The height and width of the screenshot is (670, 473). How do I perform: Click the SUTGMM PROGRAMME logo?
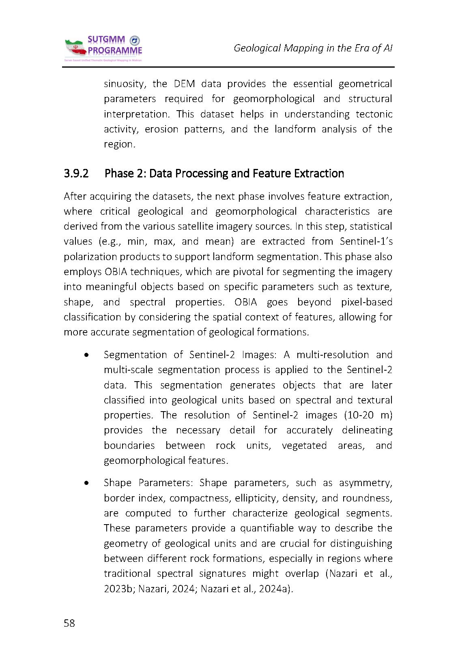click(x=103, y=48)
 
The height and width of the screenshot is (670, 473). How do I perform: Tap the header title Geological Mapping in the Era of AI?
click(x=313, y=48)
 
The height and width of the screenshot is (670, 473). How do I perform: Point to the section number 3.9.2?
click(x=76, y=173)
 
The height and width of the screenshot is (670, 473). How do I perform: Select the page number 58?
click(x=69, y=623)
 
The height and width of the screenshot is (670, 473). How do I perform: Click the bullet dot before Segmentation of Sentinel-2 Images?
click(x=86, y=355)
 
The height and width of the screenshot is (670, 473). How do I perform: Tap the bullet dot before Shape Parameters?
click(x=86, y=483)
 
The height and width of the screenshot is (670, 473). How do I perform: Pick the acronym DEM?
click(x=184, y=84)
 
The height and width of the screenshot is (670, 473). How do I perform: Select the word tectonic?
click(x=374, y=114)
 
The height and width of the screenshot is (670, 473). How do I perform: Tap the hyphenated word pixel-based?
click(x=366, y=302)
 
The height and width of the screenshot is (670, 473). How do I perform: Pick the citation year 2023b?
click(x=118, y=589)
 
